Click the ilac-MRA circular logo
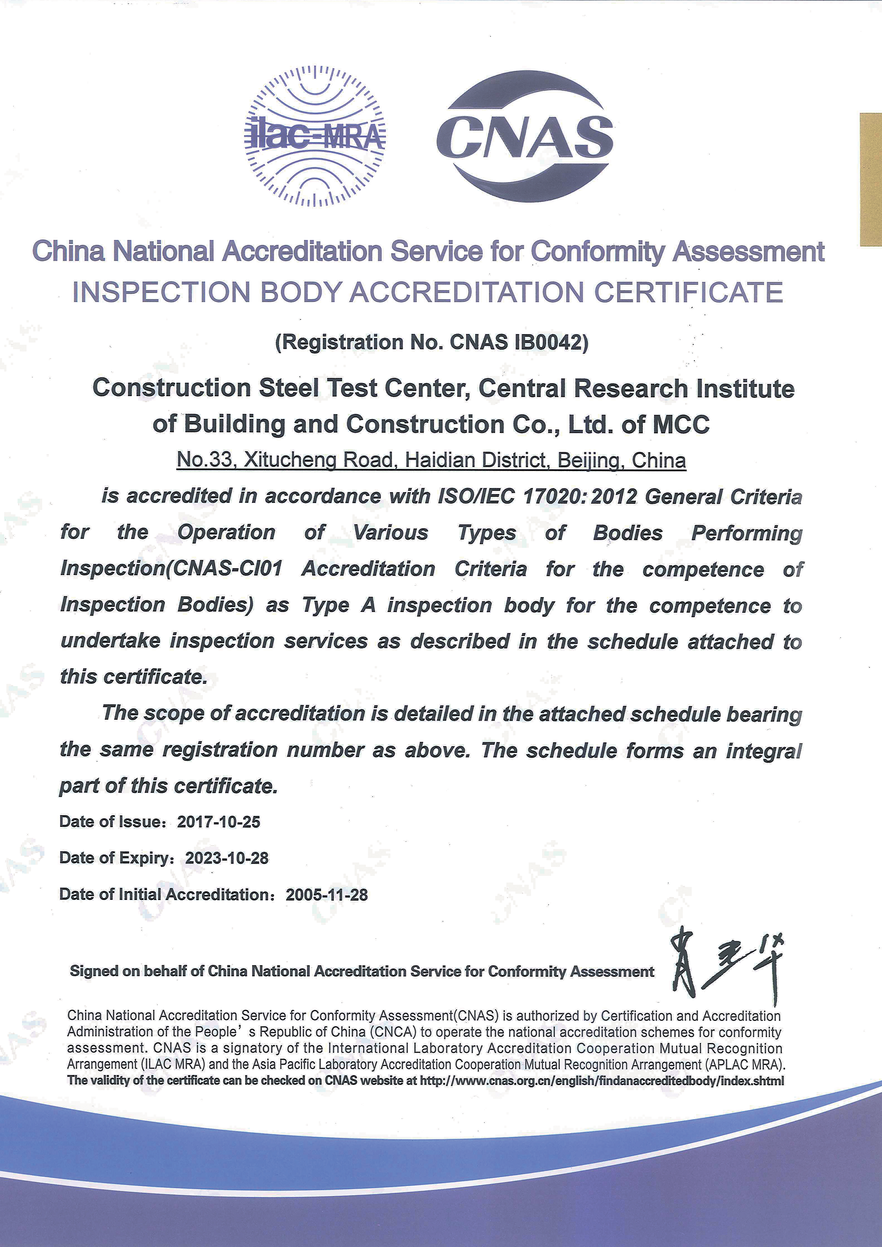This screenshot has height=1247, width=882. coord(315,136)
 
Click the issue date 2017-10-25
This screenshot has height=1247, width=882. coord(219,822)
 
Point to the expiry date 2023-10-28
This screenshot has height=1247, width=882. coord(227,858)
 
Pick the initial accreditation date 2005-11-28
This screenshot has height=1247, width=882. coord(327,895)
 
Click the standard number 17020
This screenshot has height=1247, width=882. coord(554,496)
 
